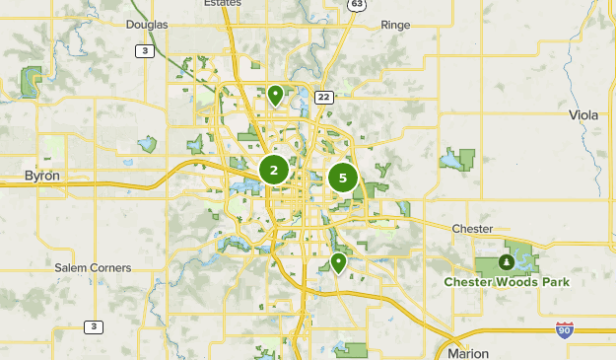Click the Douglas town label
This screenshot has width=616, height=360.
pyautogui.click(x=149, y=24)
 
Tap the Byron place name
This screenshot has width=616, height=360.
pyautogui.click(x=42, y=176)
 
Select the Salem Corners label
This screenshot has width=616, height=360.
pyautogui.click(x=93, y=268)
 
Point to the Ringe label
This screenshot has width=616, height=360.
pyautogui.click(x=395, y=24)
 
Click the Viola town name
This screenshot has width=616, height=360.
pyautogui.click(x=583, y=115)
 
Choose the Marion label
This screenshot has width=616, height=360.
pyautogui.click(x=467, y=352)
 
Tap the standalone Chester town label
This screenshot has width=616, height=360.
pyautogui.click(x=472, y=229)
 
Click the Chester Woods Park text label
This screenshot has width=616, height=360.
pyautogui.click(x=507, y=282)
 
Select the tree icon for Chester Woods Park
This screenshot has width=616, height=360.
pyautogui.click(x=506, y=262)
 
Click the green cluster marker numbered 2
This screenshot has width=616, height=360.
pyautogui.click(x=274, y=171)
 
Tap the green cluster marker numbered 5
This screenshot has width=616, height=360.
pyautogui.click(x=343, y=178)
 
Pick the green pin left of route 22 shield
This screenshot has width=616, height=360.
pyautogui.click(x=276, y=96)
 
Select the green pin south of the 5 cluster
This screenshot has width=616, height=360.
pyautogui.click(x=338, y=263)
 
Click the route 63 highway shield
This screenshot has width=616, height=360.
pyautogui.click(x=356, y=5)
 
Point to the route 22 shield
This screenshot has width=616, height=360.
pyautogui.click(x=323, y=97)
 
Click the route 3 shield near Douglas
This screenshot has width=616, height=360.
pyautogui.click(x=145, y=50)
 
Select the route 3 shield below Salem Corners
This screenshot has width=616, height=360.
pyautogui.click(x=94, y=326)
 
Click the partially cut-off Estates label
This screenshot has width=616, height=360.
pyautogui.click(x=223, y=4)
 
